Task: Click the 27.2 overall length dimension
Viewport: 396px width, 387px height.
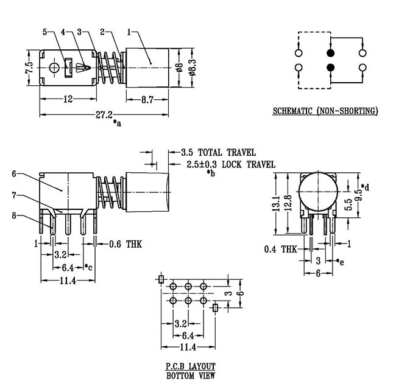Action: click(x=104, y=115)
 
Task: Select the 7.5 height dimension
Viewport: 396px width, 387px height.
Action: click(x=29, y=68)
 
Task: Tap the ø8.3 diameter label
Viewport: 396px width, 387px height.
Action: click(x=192, y=68)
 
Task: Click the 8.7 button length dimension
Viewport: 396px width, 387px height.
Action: click(x=147, y=100)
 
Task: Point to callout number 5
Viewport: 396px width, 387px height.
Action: click(x=45, y=32)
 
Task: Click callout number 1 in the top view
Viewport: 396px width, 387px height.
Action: click(x=129, y=32)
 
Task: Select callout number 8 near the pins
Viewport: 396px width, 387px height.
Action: click(x=14, y=215)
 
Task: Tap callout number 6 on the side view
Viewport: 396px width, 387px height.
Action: click(x=14, y=173)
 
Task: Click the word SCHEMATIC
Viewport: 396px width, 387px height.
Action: click(x=292, y=111)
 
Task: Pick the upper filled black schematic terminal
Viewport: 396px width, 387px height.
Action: click(x=330, y=53)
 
